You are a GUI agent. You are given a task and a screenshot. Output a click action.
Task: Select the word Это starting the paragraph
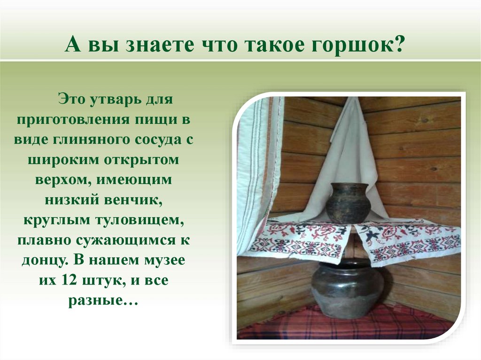coord(70,100)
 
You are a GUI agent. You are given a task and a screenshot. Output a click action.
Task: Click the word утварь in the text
coord(114,100)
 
